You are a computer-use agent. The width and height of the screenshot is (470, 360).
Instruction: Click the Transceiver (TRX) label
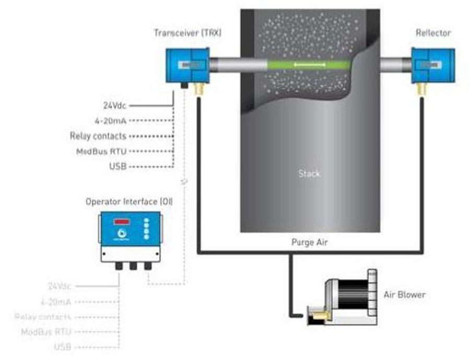[187, 33]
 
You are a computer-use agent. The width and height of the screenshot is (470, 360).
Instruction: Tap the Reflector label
[433, 33]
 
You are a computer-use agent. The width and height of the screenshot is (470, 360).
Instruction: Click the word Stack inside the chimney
[309, 173]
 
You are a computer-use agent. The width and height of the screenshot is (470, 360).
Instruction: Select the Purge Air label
[310, 243]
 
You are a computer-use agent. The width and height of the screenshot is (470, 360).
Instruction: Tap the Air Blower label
[405, 295]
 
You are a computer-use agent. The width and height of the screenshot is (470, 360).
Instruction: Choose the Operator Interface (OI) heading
[129, 201]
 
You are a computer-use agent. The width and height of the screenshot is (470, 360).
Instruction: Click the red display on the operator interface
[122, 221]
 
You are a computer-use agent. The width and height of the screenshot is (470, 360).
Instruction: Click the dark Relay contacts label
[98, 136]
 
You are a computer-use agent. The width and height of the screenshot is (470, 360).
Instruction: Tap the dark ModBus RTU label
[102, 151]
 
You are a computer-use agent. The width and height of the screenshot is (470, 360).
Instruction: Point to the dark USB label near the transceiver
[118, 166]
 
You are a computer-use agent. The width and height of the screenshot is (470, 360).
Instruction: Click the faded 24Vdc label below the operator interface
[59, 286]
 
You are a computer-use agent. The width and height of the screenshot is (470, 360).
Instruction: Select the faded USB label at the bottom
[62, 346]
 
